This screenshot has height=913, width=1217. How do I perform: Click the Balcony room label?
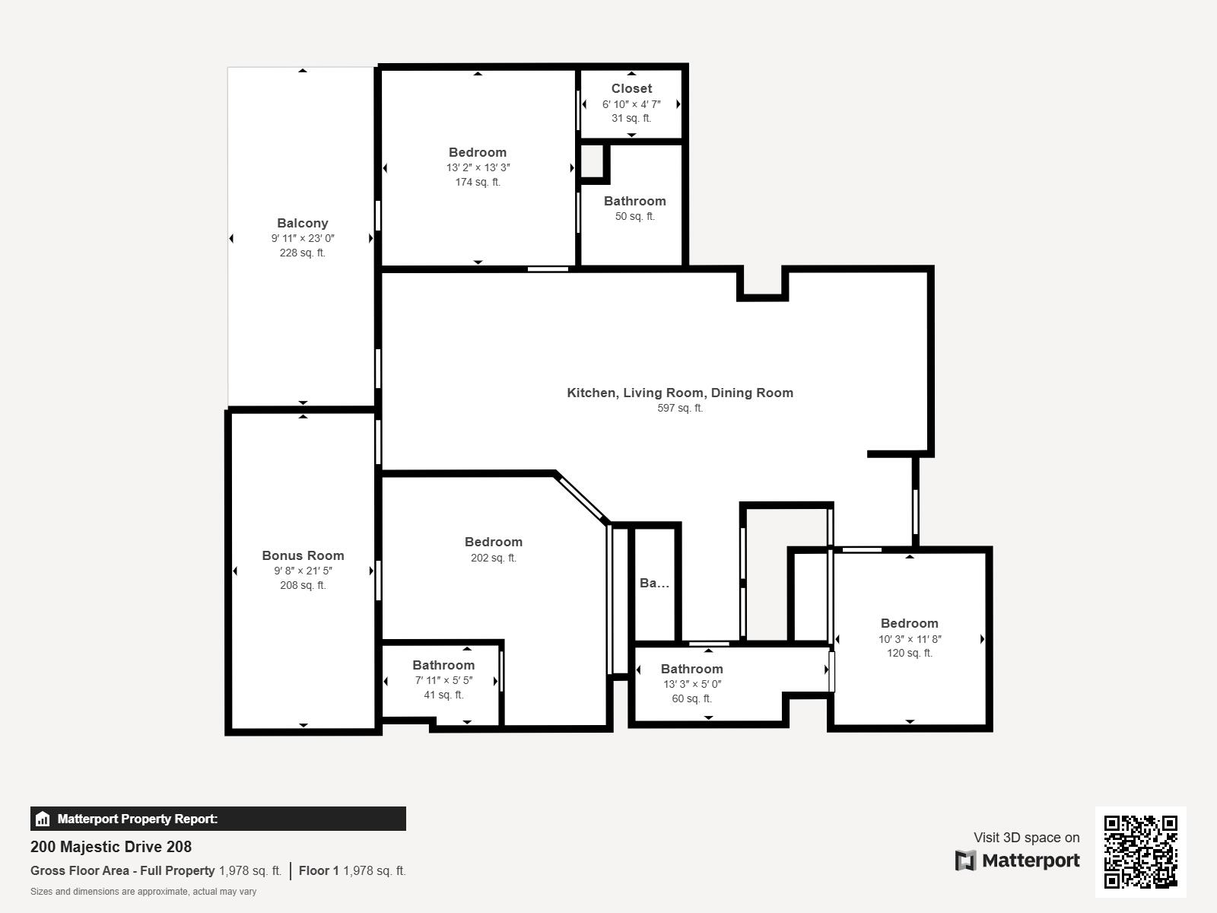pyautogui.click(x=302, y=223)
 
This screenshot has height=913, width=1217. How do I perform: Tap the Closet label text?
pyautogui.click(x=631, y=88)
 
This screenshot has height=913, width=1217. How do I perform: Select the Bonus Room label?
pyautogui.click(x=303, y=555)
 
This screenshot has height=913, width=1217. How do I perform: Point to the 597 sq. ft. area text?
pyautogui.click(x=680, y=408)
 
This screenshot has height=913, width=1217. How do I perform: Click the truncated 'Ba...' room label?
pyautogui.click(x=654, y=583)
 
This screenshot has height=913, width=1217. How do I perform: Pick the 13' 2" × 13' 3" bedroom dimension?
pyautogui.click(x=478, y=167)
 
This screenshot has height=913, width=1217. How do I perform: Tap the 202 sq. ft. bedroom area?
pyautogui.click(x=494, y=558)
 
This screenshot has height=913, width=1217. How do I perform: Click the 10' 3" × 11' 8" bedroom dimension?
pyautogui.click(x=909, y=638)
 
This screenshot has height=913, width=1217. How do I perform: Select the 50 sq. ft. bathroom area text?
pyautogui.click(x=635, y=216)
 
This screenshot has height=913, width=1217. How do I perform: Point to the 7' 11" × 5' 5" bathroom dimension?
pyautogui.click(x=443, y=680)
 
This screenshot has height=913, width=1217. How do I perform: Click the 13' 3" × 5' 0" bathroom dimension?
pyautogui.click(x=692, y=684)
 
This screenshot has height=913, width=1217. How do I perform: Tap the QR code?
pyautogui.click(x=1140, y=852)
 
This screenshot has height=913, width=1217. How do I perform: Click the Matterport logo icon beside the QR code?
pyautogui.click(x=965, y=861)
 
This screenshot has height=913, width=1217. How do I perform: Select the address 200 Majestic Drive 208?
pyautogui.click(x=111, y=847)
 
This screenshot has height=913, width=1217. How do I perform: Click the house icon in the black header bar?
pyautogui.click(x=42, y=819)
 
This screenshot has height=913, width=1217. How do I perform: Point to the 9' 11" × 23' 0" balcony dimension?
pyautogui.click(x=302, y=238)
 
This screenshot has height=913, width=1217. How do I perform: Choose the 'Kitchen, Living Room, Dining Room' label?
pyautogui.click(x=680, y=393)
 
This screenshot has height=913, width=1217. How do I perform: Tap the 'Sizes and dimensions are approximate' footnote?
pyautogui.click(x=143, y=892)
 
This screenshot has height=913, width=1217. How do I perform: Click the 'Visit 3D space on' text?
pyautogui.click(x=1026, y=838)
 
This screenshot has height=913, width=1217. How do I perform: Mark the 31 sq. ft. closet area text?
pyautogui.click(x=631, y=118)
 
